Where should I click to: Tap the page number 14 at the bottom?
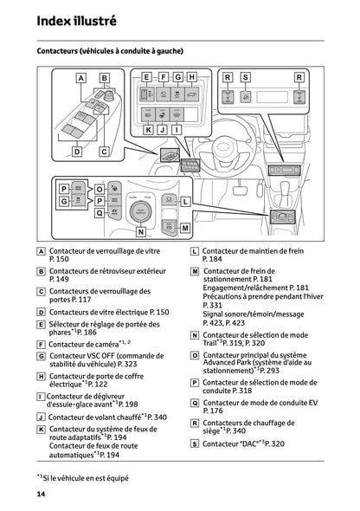tap(41, 494)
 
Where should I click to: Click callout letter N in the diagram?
tap(140, 231)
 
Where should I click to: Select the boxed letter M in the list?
tap(194, 271)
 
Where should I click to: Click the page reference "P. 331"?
tap(211, 305)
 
